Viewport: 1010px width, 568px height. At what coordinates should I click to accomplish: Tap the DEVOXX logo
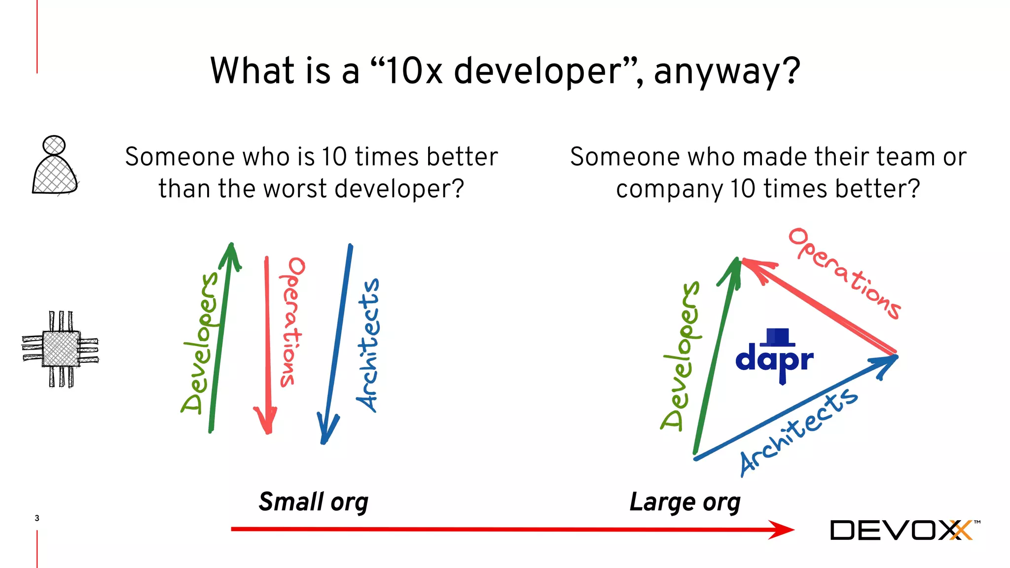tap(902, 530)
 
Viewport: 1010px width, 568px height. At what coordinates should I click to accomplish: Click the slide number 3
tap(37, 518)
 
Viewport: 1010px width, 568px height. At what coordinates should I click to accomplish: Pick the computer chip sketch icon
tap(61, 349)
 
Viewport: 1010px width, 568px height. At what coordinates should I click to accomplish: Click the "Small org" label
tap(314, 502)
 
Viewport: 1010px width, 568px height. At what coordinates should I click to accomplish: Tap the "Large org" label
tap(685, 502)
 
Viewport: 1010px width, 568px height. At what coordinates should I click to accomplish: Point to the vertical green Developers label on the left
tap(200, 343)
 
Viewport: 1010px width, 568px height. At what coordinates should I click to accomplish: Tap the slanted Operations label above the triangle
tap(845, 273)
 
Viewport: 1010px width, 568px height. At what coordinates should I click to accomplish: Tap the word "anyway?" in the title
tap(727, 71)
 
